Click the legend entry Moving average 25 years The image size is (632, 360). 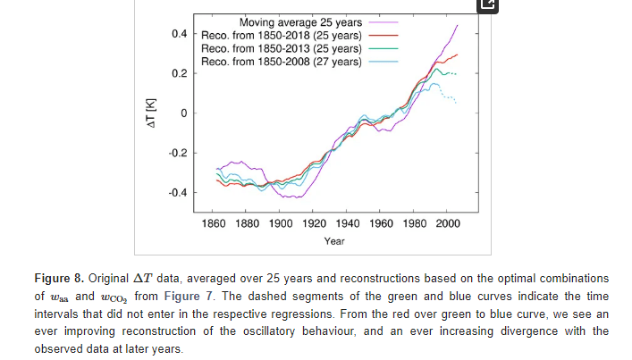[299, 21]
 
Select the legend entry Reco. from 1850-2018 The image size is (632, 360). [281, 35]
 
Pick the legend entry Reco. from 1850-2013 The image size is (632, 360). [281, 48]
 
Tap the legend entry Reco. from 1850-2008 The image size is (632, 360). [281, 62]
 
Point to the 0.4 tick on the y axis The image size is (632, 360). [180, 34]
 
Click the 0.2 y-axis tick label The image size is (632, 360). [180, 73]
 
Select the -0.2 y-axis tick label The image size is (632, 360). [178, 153]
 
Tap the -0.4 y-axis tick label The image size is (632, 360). [178, 193]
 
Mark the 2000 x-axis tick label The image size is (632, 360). [447, 222]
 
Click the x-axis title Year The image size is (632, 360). [334, 241]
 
